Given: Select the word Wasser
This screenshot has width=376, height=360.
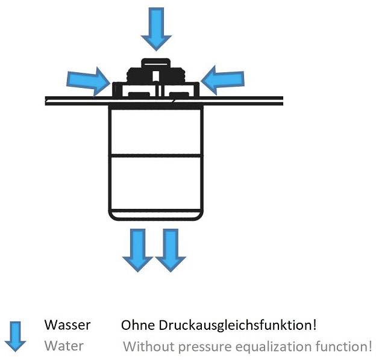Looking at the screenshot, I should [x=67, y=325].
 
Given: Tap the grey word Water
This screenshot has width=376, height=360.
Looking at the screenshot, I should [x=64, y=346].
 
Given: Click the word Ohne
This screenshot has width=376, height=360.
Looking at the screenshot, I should [x=138, y=325].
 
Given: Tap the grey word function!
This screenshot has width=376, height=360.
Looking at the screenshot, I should [x=342, y=347].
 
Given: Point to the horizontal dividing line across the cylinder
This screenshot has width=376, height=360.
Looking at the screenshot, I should [x=156, y=155].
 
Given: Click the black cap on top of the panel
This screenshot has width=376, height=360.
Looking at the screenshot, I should [x=156, y=75].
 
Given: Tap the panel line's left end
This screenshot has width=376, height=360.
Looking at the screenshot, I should [x=47, y=99].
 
